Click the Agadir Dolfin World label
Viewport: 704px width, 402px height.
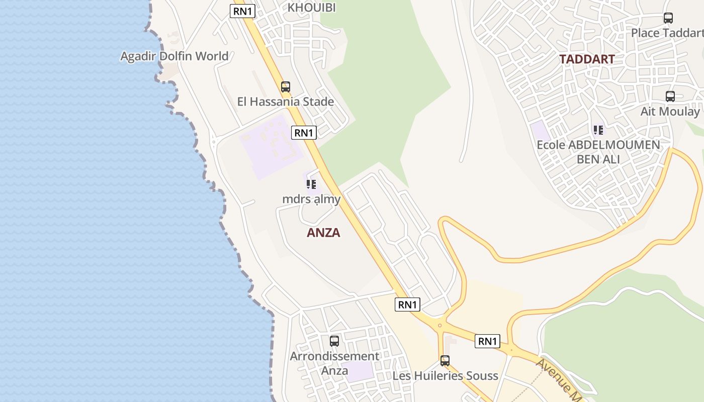pos(174,56)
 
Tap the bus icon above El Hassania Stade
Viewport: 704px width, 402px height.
pos(286,86)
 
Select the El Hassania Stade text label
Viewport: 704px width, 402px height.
pos(286,102)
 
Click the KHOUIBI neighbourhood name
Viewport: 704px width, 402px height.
pos(311,8)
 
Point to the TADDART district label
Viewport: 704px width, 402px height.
pos(587,59)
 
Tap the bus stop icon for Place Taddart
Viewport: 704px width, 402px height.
pos(668,18)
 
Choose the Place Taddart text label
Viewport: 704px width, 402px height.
pos(667,33)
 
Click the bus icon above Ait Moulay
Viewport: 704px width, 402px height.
pos(670,96)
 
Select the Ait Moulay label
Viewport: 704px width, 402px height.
pos(670,112)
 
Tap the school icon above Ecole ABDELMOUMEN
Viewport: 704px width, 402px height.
pos(598,131)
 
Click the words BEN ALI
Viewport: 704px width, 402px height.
pos(598,159)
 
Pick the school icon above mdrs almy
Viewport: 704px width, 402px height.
pos(311,184)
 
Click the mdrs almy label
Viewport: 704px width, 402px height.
pos(311,199)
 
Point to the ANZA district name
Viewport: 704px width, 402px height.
pos(323,233)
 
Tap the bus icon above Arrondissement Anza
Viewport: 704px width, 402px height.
pos(334,341)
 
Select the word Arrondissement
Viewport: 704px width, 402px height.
pos(334,356)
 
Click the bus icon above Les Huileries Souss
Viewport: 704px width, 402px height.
pos(445,360)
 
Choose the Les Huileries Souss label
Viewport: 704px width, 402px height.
pos(445,376)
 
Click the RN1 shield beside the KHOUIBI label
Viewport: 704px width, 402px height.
pos(243,11)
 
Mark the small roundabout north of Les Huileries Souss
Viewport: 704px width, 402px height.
pos(439,325)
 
